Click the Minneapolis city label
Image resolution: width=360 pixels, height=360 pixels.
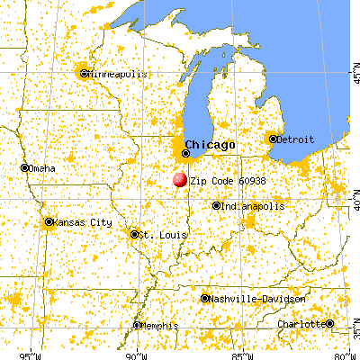point(114,75)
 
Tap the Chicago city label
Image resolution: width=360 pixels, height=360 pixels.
point(210,145)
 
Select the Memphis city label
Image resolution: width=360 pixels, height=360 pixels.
point(162,326)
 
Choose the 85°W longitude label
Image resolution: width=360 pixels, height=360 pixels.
point(239,354)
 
